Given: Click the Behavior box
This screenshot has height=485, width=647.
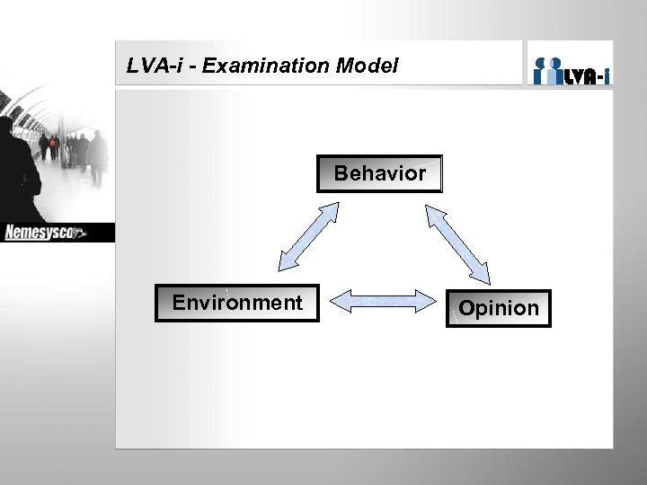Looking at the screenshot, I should (x=379, y=173).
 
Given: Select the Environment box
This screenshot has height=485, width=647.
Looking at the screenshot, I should (x=237, y=304).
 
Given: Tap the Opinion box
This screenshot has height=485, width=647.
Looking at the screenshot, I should (x=499, y=308).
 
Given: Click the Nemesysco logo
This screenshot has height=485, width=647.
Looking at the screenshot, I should (x=45, y=234).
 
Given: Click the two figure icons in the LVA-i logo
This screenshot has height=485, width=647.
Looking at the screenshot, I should (x=548, y=70).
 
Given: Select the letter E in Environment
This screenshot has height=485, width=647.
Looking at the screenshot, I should (x=179, y=303).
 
